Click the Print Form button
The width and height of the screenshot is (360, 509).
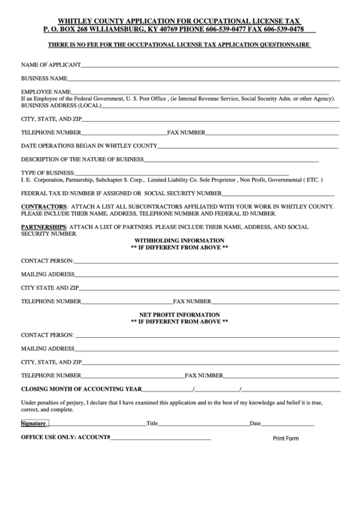(x=285, y=438)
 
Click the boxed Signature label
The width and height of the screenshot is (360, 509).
(x=33, y=423)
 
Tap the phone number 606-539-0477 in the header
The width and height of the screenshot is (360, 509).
(x=206, y=30)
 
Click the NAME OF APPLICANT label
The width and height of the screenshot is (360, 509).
(x=51, y=65)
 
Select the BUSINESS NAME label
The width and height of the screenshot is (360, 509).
(x=43, y=78)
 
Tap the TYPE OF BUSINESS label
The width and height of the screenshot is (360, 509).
(x=48, y=173)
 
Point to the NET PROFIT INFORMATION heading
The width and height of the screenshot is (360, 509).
(x=179, y=315)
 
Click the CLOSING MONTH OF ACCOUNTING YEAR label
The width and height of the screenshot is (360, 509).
(x=82, y=389)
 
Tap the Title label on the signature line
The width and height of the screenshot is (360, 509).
(x=152, y=423)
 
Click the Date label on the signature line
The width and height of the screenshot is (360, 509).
(x=255, y=423)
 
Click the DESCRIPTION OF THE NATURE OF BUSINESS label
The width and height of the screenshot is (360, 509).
(x=82, y=160)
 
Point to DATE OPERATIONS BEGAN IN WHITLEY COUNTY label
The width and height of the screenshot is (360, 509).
(x=89, y=145)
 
